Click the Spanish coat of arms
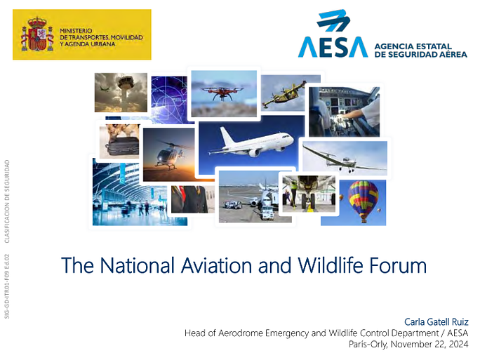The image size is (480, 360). pos(37,34)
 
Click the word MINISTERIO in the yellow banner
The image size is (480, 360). pos(76,31)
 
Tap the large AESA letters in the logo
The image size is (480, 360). pos(333,47)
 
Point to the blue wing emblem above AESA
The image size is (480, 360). pos(333,20)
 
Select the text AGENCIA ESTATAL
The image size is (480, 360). pos(413,46)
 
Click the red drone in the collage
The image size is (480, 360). pos(222,91)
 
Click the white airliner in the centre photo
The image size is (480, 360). pos(251,142)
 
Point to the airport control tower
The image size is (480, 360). pos(127,91)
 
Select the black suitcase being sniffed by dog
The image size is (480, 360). pos(122,147)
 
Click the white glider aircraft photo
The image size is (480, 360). pos(345,158)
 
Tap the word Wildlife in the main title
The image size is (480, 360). pos(331,265)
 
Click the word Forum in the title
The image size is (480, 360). pos(398,265)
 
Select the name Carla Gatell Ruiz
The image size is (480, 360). pos(436,321)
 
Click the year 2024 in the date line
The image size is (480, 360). pos(458,344)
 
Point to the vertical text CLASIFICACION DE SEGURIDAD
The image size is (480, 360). pos(7,201)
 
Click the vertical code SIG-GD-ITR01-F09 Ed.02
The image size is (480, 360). pos(7,286)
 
